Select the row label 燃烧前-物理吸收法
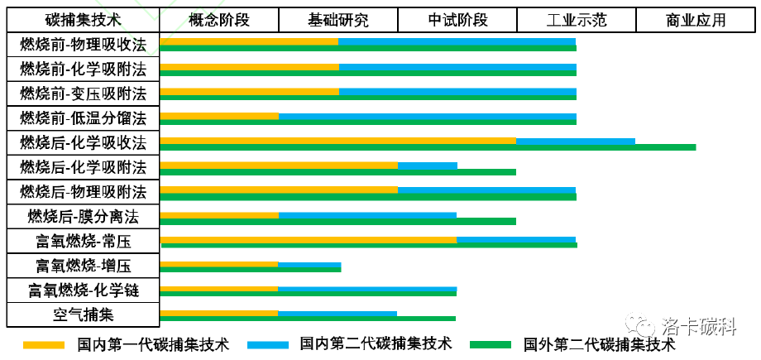click(83, 45)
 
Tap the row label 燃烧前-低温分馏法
click(83, 118)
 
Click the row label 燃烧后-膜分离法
click(83, 217)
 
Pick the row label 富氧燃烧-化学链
click(83, 290)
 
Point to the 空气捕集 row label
click(83, 314)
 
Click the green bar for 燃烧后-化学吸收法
click(428, 147)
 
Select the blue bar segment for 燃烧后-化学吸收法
click(576, 141)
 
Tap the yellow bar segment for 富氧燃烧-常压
click(308, 240)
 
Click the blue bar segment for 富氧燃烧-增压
click(309, 265)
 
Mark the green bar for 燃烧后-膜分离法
click(337, 221)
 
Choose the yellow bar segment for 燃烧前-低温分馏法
click(219, 117)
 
